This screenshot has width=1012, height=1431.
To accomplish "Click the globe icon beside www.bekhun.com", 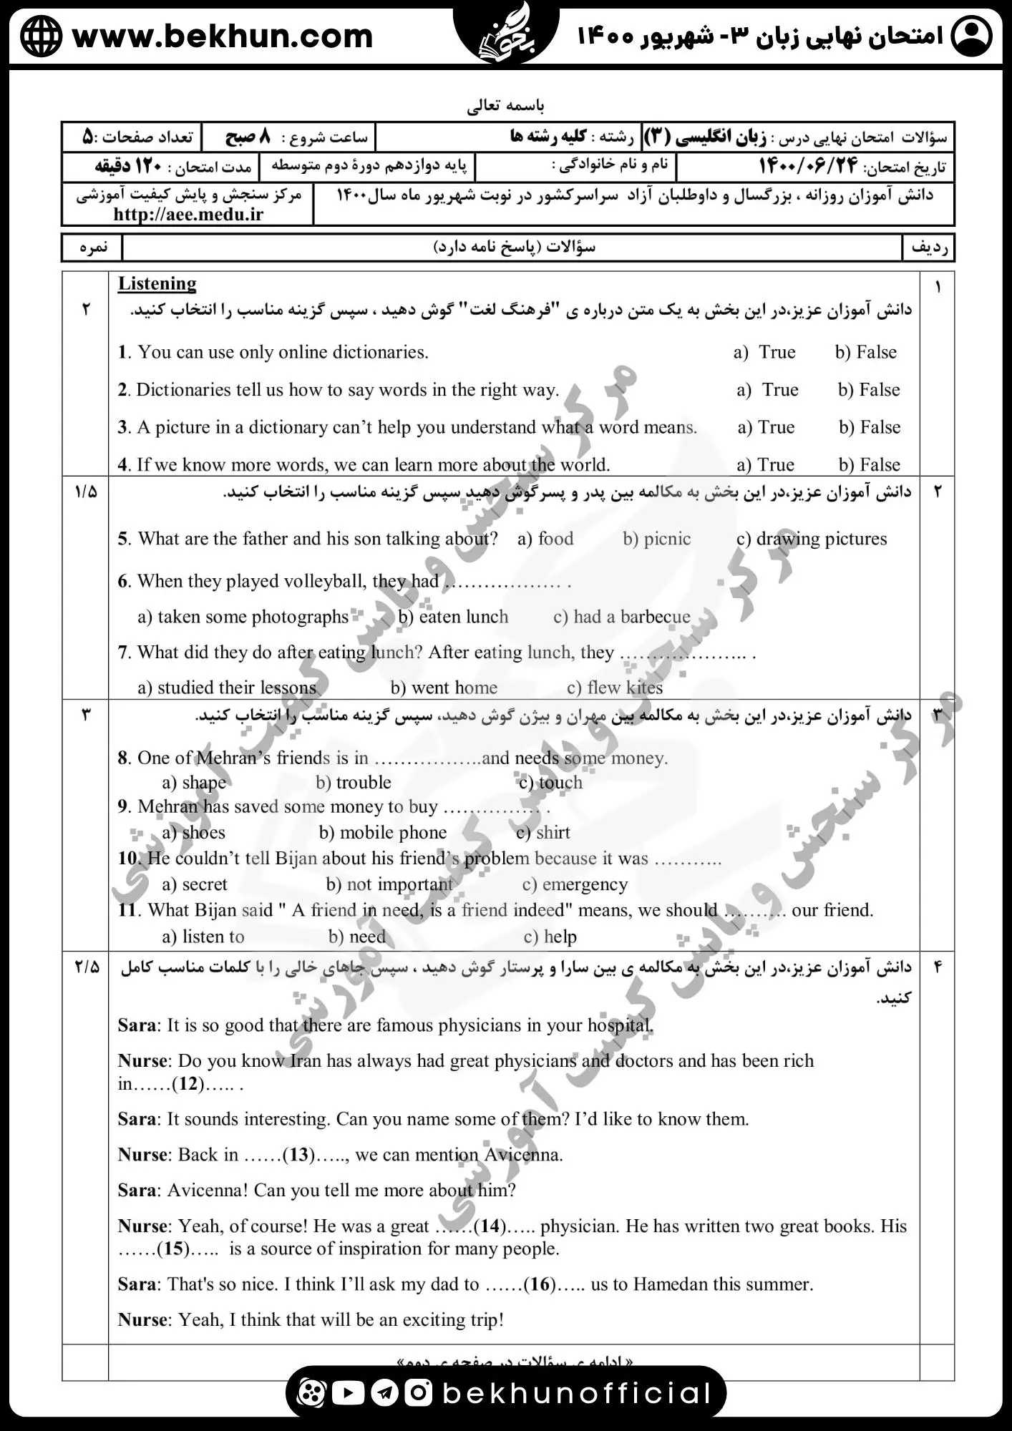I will [x=41, y=36].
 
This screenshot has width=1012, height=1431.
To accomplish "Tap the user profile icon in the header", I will [x=971, y=36].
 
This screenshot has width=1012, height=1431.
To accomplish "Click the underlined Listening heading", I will [x=157, y=284].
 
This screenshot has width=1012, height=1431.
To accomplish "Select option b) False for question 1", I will [x=865, y=352].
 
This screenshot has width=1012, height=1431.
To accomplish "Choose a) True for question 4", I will [x=766, y=465].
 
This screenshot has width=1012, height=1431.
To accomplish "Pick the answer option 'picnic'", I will [x=656, y=539].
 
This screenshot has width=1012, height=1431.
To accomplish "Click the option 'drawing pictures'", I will [x=812, y=539].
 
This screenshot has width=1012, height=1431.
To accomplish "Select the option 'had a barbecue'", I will [x=622, y=617].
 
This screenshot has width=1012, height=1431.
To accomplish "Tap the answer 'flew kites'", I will [x=615, y=688].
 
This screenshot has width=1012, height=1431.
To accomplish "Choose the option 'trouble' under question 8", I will [x=354, y=782].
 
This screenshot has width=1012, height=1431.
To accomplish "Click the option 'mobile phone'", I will [x=383, y=832].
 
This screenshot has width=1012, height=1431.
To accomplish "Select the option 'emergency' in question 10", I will [x=575, y=884].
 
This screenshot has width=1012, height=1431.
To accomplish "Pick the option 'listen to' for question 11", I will [x=203, y=937].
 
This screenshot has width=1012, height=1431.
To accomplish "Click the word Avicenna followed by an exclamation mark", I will [x=208, y=1190].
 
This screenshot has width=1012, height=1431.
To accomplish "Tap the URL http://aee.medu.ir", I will [x=188, y=214].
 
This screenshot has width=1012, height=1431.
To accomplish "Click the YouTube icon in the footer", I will [x=349, y=1392].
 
